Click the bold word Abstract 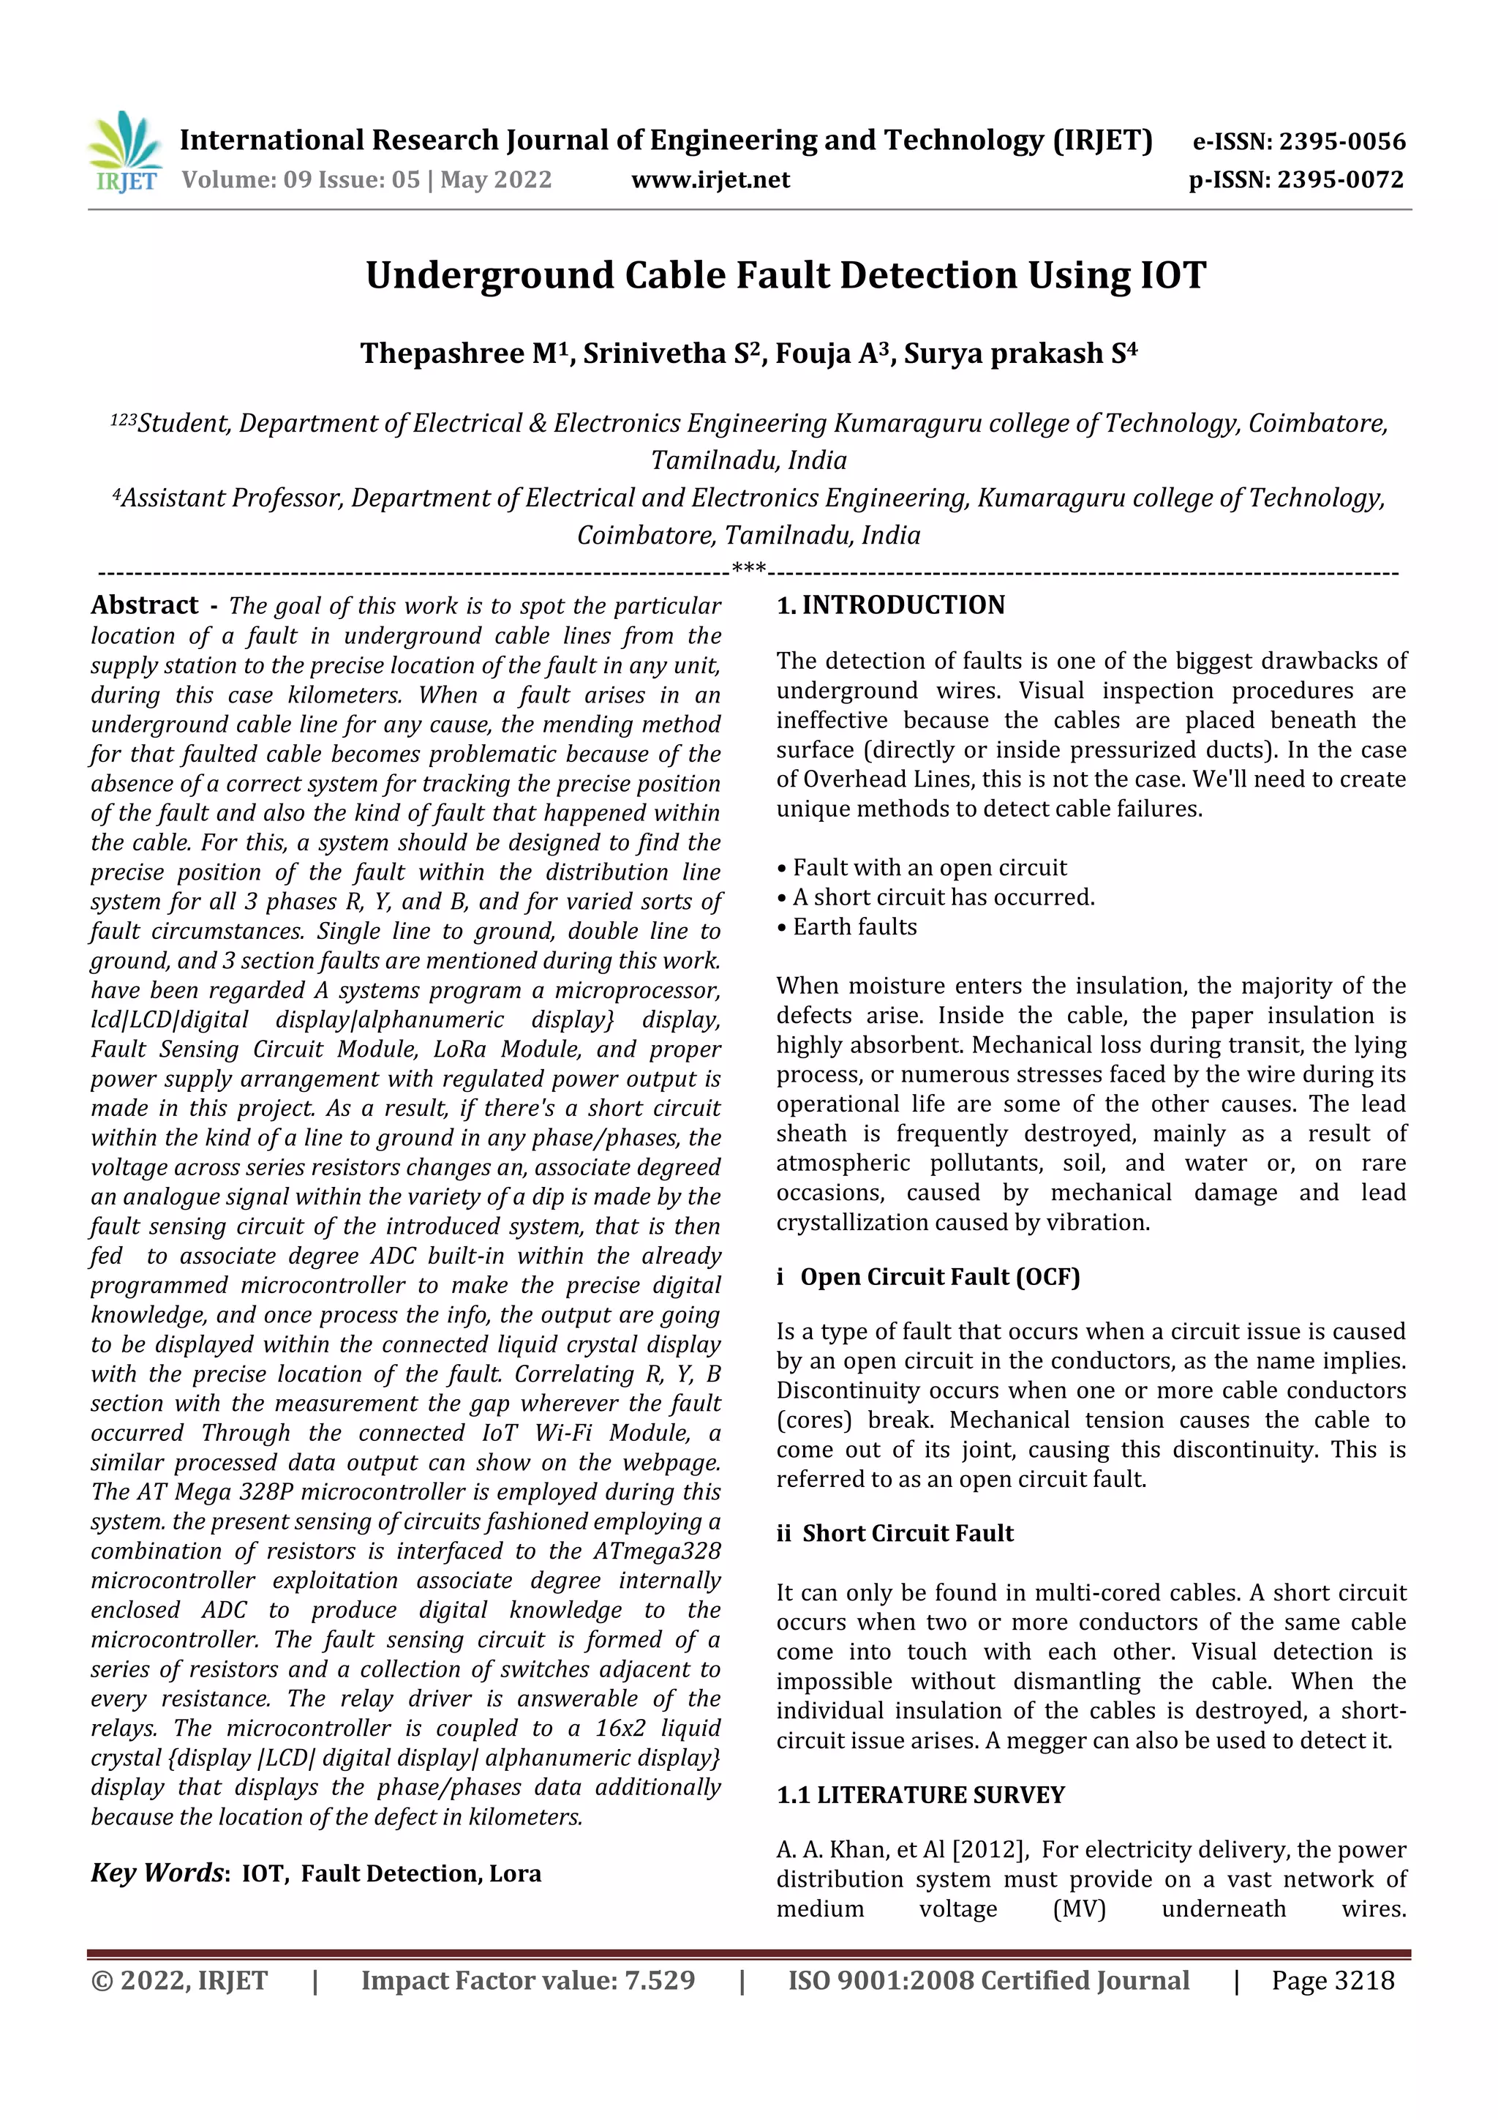(144, 606)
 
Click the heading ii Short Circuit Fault (895, 1534)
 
